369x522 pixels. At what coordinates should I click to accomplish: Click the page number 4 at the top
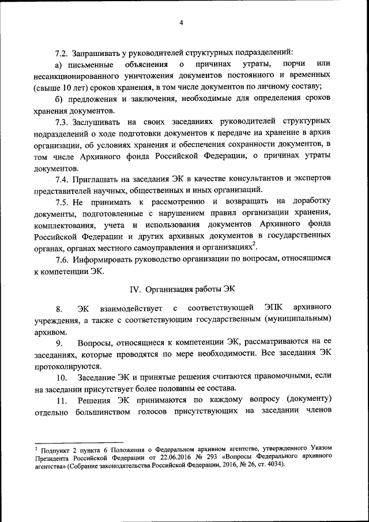coord(181,22)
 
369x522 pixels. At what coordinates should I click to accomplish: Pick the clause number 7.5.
coord(63,201)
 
